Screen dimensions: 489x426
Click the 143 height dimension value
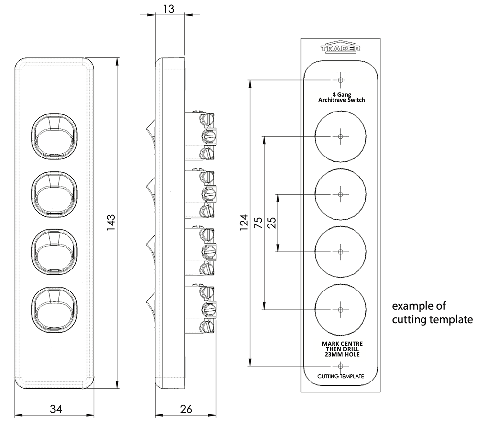[x=111, y=223]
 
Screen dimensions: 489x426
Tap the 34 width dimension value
[x=56, y=409]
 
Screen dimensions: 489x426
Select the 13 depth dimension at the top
[x=169, y=9]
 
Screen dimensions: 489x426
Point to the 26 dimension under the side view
[x=186, y=409]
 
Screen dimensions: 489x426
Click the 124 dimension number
[x=244, y=223]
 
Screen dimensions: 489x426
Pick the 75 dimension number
[x=258, y=223]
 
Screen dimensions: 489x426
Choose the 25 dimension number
[x=272, y=223]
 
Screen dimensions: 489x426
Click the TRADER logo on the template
[x=340, y=48]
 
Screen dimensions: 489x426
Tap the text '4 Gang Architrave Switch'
[x=341, y=97]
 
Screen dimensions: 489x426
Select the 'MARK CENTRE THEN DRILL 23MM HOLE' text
[x=342, y=349]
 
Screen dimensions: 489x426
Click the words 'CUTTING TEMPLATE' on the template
[x=340, y=376]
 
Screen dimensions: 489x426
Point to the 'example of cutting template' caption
[x=432, y=313]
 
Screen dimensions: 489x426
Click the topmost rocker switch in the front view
[x=54, y=136]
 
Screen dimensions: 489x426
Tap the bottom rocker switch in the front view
[x=54, y=310]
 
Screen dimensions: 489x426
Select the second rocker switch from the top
[x=54, y=194]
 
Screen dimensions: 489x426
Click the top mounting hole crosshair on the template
[x=340, y=80]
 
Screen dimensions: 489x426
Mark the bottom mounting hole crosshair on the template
[x=340, y=366]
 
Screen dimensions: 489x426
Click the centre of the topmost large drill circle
[x=340, y=136]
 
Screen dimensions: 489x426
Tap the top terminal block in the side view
[x=200, y=136]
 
